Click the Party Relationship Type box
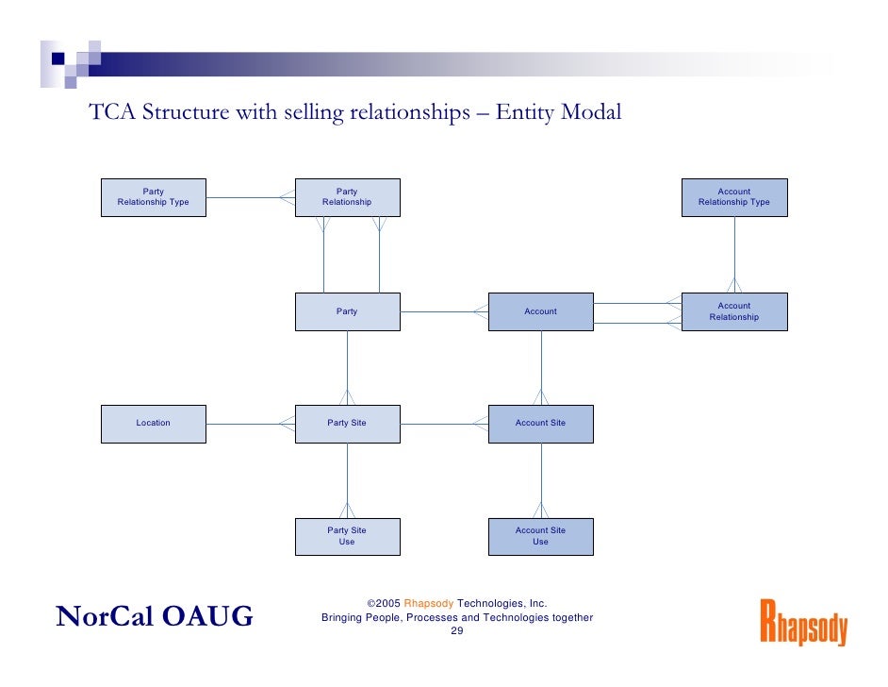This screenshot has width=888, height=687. [x=153, y=197]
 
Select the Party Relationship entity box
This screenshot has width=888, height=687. [x=347, y=197]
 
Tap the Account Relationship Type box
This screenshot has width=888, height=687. [x=733, y=197]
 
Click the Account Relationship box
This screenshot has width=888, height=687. [x=733, y=311]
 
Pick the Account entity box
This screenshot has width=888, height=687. [x=540, y=311]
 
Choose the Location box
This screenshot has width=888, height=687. [x=153, y=423]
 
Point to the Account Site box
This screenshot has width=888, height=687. [x=540, y=423]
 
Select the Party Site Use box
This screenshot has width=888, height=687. [x=347, y=536]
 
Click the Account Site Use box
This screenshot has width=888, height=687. [x=540, y=536]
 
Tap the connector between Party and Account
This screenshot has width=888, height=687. [x=443, y=311]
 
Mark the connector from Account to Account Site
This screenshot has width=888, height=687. [x=541, y=363]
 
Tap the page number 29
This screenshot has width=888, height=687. [x=456, y=631]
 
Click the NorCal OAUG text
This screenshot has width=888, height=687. [x=155, y=616]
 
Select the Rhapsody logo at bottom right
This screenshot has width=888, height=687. [x=803, y=622]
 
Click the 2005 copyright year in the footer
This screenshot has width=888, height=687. [x=388, y=603]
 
